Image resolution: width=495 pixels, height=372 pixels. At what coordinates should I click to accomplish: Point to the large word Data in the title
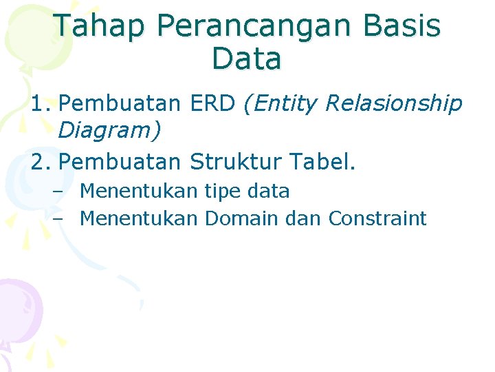coord(247,59)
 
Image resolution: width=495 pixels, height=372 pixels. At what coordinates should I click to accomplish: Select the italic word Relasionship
coord(393,104)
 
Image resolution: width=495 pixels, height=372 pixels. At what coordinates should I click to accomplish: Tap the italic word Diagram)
coord(110,129)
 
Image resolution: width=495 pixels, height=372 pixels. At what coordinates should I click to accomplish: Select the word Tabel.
coord(324,162)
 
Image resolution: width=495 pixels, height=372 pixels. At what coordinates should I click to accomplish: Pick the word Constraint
coord(377,219)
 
